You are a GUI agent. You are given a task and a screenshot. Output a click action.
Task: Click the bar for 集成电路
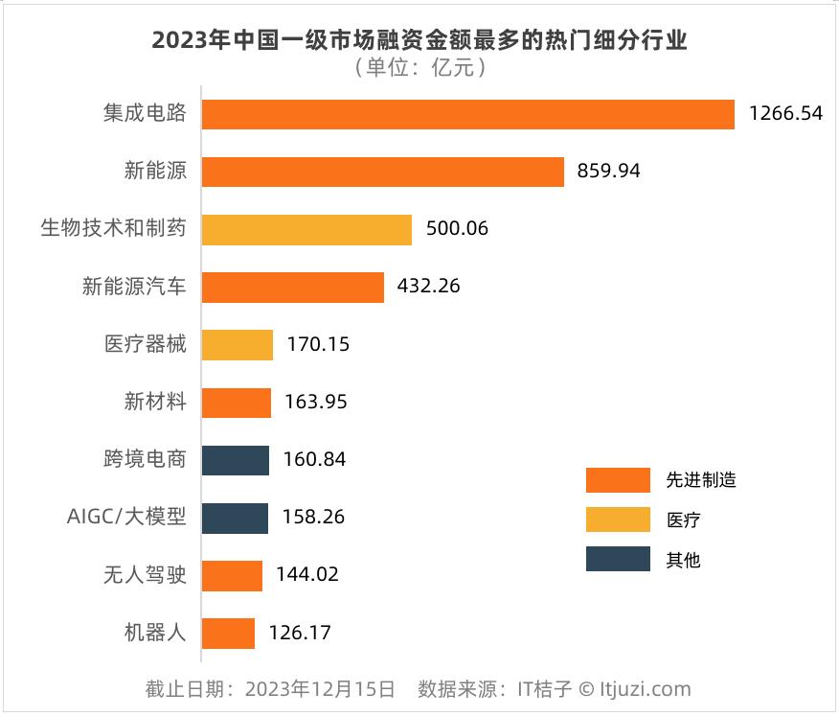(x=467, y=114)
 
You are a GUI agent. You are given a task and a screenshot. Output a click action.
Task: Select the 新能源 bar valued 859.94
(x=382, y=172)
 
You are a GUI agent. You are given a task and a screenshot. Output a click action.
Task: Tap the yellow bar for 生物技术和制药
(x=306, y=230)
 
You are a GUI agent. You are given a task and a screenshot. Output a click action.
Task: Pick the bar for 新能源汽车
(x=292, y=288)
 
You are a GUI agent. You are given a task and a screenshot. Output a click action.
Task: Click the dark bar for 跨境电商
(x=235, y=460)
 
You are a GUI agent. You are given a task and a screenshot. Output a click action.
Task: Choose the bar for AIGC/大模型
(x=235, y=518)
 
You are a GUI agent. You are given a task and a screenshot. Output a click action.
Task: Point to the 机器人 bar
(x=228, y=634)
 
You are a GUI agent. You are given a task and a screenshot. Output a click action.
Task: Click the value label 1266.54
(x=785, y=114)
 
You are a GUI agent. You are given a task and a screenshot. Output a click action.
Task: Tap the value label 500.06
(x=458, y=230)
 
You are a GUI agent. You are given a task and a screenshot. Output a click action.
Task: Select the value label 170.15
(x=318, y=345)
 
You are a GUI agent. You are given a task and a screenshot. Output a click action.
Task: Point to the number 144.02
(x=307, y=575)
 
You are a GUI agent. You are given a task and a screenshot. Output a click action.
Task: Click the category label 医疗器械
(x=145, y=345)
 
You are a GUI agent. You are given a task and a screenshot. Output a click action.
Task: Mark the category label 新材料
(x=155, y=403)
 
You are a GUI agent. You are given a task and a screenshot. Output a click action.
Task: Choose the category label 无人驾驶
(x=145, y=575)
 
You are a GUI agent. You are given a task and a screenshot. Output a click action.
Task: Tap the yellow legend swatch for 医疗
(x=618, y=520)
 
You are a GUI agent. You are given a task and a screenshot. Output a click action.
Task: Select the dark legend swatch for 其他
(x=618, y=559)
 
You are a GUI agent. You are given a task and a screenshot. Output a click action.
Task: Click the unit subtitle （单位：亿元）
(x=419, y=68)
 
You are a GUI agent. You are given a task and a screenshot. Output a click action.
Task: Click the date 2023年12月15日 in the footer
(x=320, y=689)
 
